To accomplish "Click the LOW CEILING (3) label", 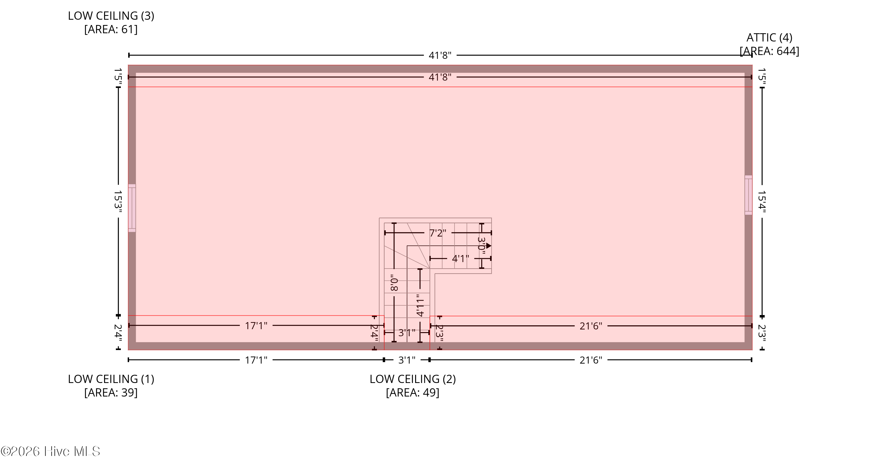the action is (111, 16).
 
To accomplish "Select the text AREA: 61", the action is (111, 29).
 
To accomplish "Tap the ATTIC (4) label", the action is (769, 37).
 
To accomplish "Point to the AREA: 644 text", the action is (769, 51).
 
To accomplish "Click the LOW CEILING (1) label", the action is (111, 379).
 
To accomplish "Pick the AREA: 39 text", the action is (111, 392).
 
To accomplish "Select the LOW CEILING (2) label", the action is (412, 379).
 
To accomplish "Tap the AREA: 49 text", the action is (412, 392).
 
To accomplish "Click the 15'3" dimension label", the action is (118, 201).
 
